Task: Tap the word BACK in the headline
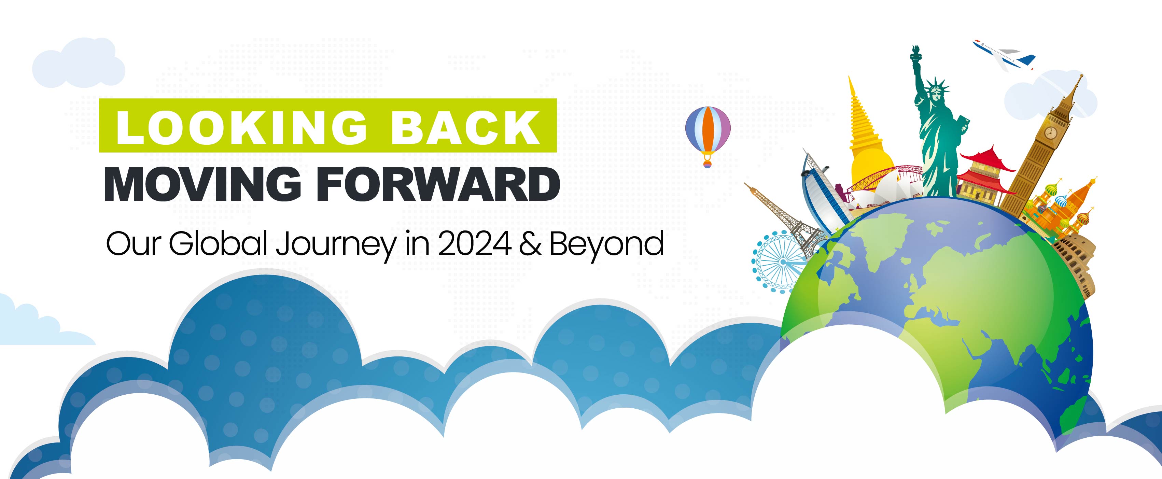pos(465,127)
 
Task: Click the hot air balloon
pos(707,136)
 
